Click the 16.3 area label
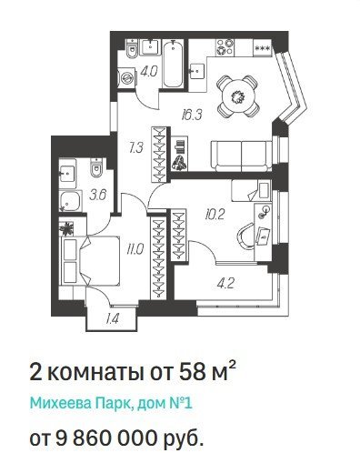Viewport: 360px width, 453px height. pos(192,115)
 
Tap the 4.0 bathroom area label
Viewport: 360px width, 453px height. pos(149,72)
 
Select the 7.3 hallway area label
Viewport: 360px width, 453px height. pos(135,148)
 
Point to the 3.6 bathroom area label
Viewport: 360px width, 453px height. pos(98,195)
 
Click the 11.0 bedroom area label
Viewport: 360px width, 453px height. pos(135,250)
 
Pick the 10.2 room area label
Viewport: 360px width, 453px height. pos(215,215)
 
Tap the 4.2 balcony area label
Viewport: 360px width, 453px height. pos(225,284)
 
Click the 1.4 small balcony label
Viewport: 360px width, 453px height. pos(112,318)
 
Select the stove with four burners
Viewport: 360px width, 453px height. pos(225,47)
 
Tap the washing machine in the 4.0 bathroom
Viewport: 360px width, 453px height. pos(126,78)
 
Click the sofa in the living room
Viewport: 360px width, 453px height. pos(242,156)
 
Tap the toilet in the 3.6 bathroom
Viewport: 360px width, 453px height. pos(96,168)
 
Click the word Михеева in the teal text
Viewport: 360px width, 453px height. pos(60,404)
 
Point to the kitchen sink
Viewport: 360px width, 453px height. pos(197,71)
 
